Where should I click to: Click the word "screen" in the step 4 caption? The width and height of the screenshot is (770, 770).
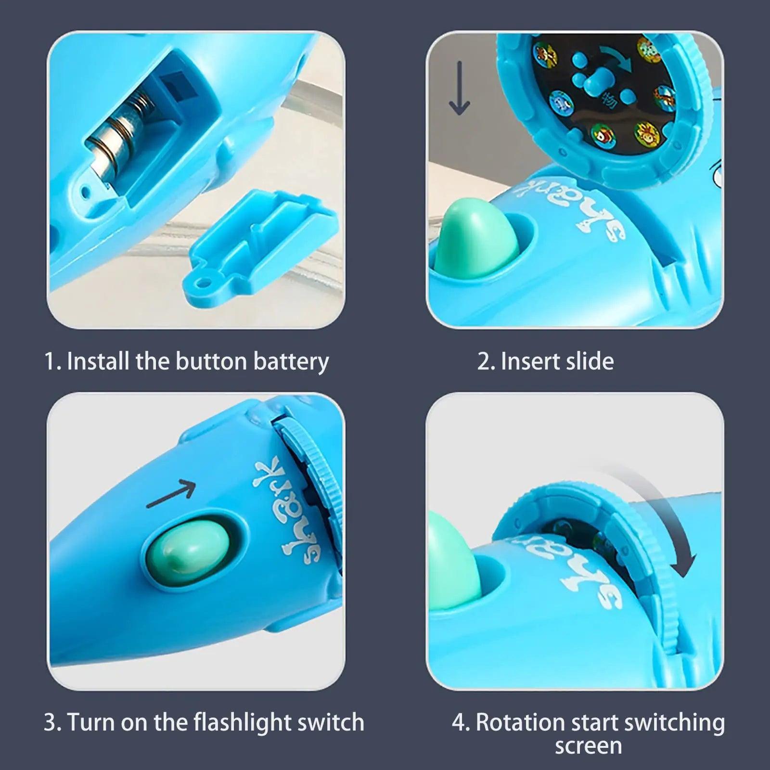(x=588, y=746)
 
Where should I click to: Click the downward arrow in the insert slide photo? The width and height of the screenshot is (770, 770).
(x=459, y=89)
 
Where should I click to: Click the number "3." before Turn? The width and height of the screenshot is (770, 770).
(x=52, y=723)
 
